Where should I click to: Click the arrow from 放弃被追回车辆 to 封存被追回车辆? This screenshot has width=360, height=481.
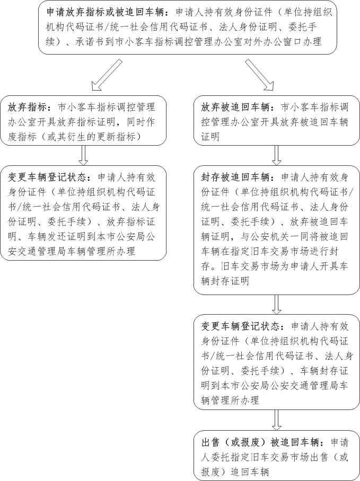[276, 155]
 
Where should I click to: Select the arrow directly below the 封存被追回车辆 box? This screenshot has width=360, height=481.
[276, 305]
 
